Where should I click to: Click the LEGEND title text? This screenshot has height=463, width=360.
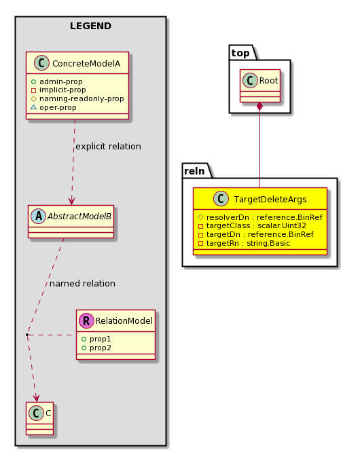pyautogui.click(x=90, y=26)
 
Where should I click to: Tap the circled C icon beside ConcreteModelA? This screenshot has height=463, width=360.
pyautogui.click(x=41, y=63)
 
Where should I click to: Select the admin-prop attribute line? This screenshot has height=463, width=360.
pyautogui.click(x=56, y=81)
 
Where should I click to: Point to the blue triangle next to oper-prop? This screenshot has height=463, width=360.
pyautogui.click(x=34, y=107)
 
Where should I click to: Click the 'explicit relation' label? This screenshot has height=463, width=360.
pyautogui.click(x=109, y=147)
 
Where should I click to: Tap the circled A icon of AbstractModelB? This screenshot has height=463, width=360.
pyautogui.click(x=39, y=216)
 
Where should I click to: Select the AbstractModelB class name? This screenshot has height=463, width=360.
pyautogui.click(x=79, y=217)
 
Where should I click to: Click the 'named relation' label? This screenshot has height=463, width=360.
pyautogui.click(x=82, y=284)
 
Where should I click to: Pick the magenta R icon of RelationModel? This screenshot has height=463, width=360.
pyautogui.click(x=86, y=320)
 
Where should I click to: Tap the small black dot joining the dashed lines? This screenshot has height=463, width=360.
pyautogui.click(x=27, y=335)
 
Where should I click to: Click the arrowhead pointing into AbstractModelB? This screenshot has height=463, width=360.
pyautogui.click(x=71, y=201)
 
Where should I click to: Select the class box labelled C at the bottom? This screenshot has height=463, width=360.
pyautogui.click(x=39, y=418)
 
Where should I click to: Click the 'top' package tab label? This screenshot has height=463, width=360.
pyautogui.click(x=240, y=53)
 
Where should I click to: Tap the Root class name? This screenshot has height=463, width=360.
pyautogui.click(x=268, y=81)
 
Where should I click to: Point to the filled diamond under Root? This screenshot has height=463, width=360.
pyautogui.click(x=259, y=107)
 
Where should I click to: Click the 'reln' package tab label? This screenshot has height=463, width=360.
pyautogui.click(x=194, y=171)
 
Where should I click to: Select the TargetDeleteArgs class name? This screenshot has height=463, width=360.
pyautogui.click(x=270, y=200)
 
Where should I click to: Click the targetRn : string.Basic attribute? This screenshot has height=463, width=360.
pyautogui.click(x=244, y=243)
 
